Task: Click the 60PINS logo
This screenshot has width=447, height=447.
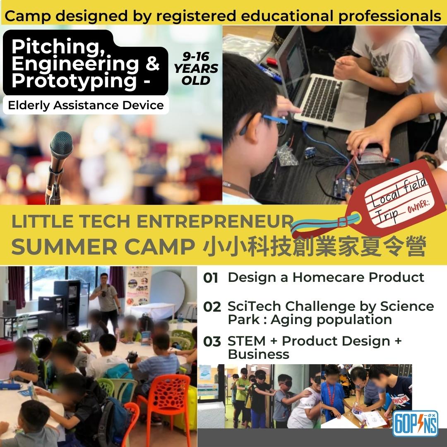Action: click(415, 424)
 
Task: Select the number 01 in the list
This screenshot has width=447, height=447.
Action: click(211, 278)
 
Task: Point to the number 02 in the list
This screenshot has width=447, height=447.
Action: click(212, 307)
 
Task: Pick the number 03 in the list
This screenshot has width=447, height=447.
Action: click(212, 341)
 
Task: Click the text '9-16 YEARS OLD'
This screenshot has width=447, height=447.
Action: click(196, 69)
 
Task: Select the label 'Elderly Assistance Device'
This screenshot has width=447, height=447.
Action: click(86, 105)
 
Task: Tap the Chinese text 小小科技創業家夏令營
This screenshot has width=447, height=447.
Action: click(315, 246)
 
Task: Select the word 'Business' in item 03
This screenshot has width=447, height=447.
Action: click(259, 354)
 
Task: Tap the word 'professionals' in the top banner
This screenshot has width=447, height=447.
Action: click(390, 16)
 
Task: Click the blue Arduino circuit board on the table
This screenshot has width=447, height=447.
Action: click(344, 187)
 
